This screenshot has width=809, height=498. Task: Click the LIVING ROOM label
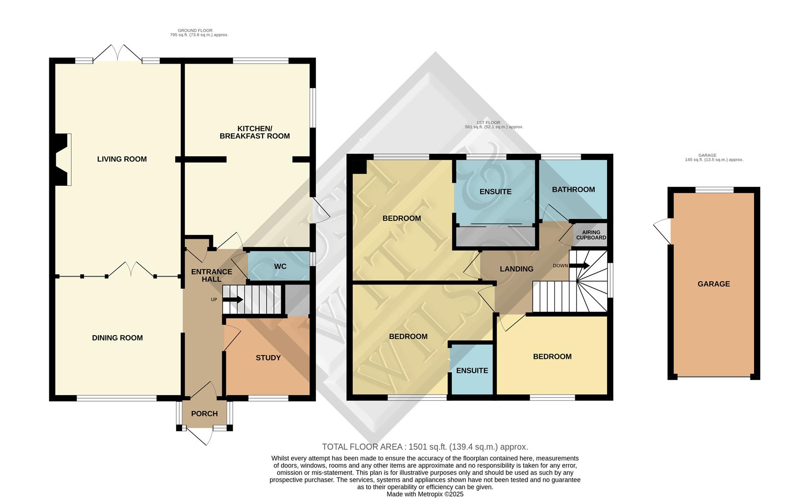pos(122,159)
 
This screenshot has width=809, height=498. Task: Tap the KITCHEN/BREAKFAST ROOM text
pos(254,132)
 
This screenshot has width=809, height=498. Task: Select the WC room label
pos(280,267)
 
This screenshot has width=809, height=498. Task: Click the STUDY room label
pos(268,358)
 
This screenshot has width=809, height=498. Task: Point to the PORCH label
pos(204,414)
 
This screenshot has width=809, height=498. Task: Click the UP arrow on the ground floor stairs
pos(233,300)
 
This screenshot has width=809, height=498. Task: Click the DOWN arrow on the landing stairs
pos(579,266)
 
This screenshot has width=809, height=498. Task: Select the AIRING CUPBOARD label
pos(591,235)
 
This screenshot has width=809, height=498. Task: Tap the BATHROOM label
pos(573,190)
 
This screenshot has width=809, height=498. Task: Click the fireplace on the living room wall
pos(63,160)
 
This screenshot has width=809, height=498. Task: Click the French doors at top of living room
pos(118,53)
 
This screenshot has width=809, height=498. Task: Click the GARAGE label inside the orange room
pos(713,284)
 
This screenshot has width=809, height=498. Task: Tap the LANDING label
pos(516,269)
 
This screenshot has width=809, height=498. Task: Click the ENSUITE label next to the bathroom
pos(495,192)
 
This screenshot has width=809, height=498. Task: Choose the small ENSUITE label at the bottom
pos(472,371)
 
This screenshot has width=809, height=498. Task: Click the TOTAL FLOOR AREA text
pos(425,447)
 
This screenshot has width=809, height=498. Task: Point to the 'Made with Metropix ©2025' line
pos(425,494)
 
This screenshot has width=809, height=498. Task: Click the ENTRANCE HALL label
pos(212,275)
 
